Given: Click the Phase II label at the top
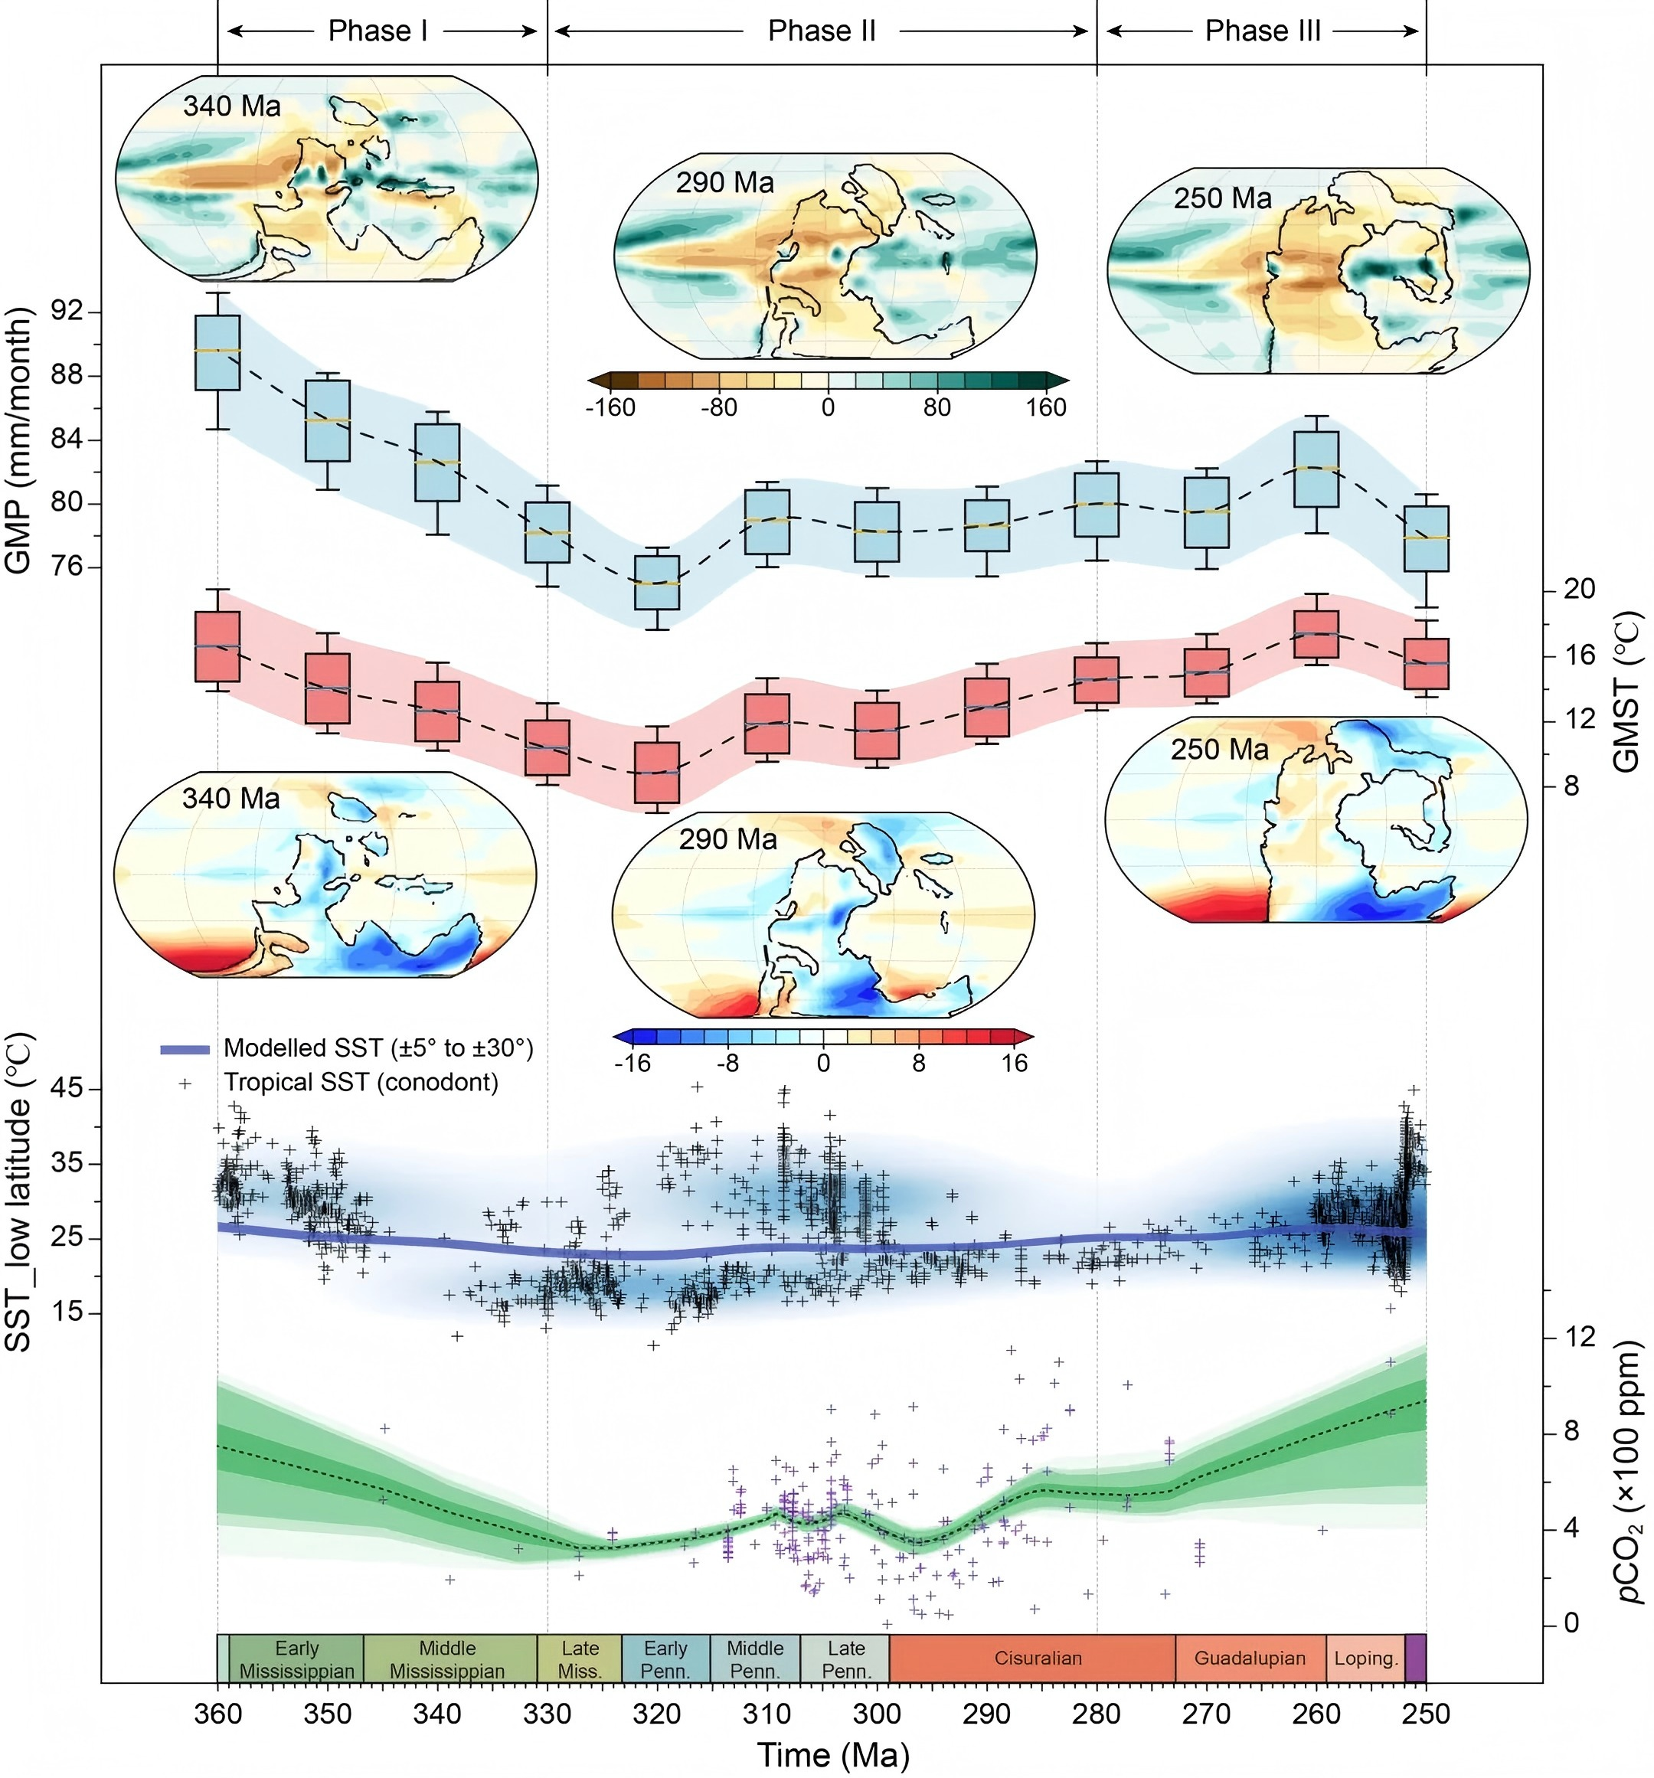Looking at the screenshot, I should coord(821,31).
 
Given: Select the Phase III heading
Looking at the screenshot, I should coord(1262,31).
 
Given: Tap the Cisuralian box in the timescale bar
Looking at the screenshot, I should coord(1038,1658).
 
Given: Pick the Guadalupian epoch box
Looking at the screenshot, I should coord(1250,1658).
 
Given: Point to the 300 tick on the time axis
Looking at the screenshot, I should coord(877,1713).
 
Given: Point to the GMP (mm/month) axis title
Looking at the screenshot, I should coord(18,440).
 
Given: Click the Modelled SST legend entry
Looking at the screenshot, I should coord(378,1048).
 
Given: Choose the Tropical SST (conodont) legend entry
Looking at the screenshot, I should coord(361,1082).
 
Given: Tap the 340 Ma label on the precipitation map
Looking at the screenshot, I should coord(232,106).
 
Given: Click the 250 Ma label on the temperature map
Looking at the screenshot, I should coord(1219,750).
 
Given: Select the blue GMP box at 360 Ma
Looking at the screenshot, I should coord(217,352).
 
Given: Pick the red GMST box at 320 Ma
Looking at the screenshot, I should coord(658,773).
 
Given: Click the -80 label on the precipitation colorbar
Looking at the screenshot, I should coord(718,408).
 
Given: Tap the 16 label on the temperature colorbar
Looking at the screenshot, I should coord(1014,1064).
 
